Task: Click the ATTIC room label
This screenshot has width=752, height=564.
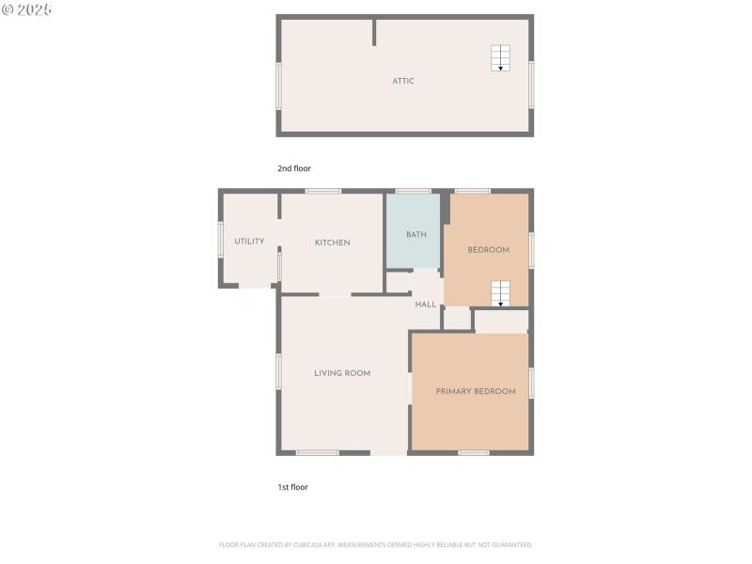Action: coord(403,81)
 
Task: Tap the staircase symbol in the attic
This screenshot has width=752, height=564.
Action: coord(500,58)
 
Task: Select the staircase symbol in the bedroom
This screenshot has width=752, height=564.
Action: coord(500,293)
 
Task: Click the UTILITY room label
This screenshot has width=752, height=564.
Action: coord(249,242)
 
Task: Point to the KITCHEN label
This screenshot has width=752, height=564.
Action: coord(332,243)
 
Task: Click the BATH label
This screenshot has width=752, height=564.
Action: coord(416,234)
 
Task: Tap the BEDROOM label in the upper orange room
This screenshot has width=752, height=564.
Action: coord(489,250)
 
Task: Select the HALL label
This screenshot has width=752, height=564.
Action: coord(426,305)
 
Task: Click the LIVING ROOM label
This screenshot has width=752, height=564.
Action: coord(342,373)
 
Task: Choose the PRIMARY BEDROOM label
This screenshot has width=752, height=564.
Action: coord(476,391)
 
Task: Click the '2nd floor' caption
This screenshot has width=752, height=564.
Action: coord(293,168)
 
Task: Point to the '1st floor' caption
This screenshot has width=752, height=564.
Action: coord(292,487)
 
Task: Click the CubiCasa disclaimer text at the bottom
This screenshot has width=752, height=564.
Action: coord(376,544)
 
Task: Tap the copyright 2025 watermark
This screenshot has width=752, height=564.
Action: coord(26,8)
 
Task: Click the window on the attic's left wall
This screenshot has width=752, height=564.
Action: coord(278,86)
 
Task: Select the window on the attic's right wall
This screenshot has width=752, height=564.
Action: coord(531,85)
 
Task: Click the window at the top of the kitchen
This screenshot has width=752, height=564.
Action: coord(322,192)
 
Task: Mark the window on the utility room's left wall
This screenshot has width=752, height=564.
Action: coord(221,239)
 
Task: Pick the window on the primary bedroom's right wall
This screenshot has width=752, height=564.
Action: coord(531,383)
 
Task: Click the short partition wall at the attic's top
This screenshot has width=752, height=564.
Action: coord(374,32)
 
